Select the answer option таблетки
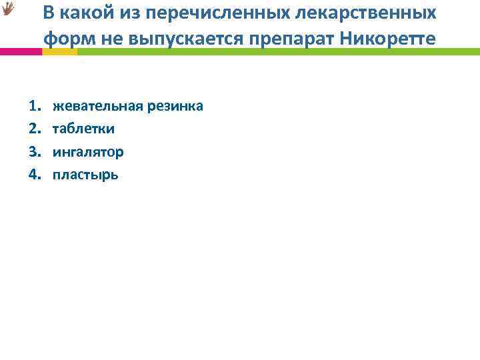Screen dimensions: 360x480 (x=83, y=129)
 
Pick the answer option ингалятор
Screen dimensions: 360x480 (x=88, y=152)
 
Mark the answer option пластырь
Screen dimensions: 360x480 (x=85, y=175)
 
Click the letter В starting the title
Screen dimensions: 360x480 (x=51, y=13)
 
